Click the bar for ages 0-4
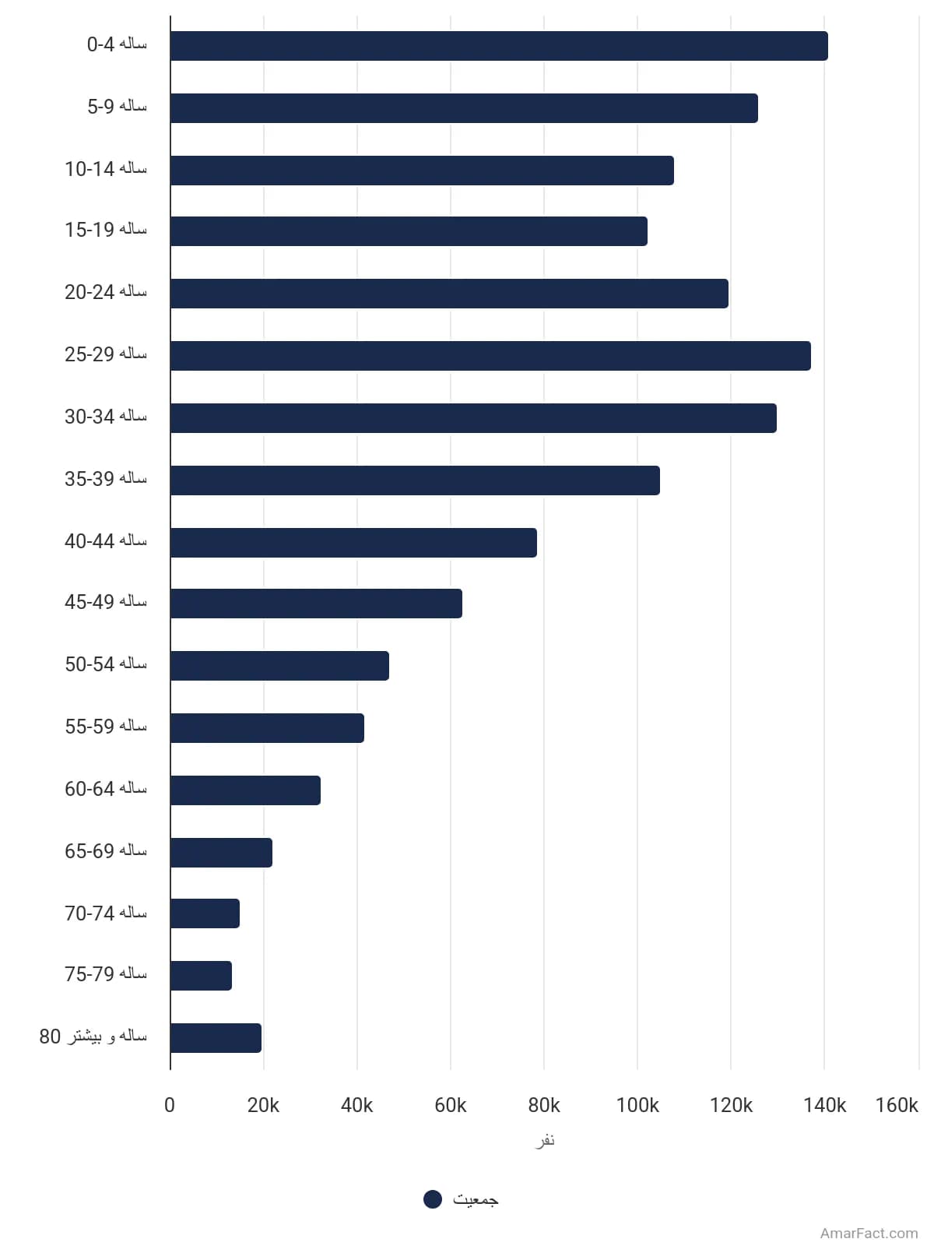pyautogui.click(x=499, y=45)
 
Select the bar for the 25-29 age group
pyautogui.click(x=490, y=356)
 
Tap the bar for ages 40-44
pyautogui.click(x=353, y=543)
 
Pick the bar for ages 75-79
pyautogui.click(x=201, y=975)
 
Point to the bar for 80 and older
pyautogui.click(x=216, y=1037)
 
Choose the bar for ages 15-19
pyautogui.click(x=409, y=231)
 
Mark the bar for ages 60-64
pyautogui.click(x=245, y=790)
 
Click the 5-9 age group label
pyautogui.click(x=117, y=106)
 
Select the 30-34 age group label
pyautogui.click(x=106, y=417)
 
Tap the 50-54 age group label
pyautogui.click(x=106, y=664)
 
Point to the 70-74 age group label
pyautogui.click(x=106, y=913)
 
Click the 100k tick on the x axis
pyautogui.click(x=637, y=1105)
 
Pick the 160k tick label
pyautogui.click(x=897, y=1105)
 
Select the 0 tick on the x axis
pyautogui.click(x=170, y=1105)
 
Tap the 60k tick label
pyautogui.click(x=451, y=1105)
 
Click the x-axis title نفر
pyautogui.click(x=545, y=1140)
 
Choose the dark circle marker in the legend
pyautogui.click(x=433, y=1198)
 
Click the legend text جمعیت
pyautogui.click(x=476, y=1199)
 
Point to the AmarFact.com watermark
pyautogui.click(x=869, y=1233)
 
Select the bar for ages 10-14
pyautogui.click(x=422, y=171)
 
